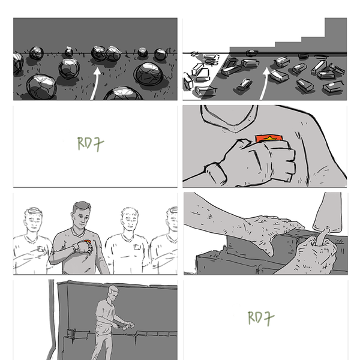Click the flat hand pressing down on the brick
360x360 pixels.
[276, 227]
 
